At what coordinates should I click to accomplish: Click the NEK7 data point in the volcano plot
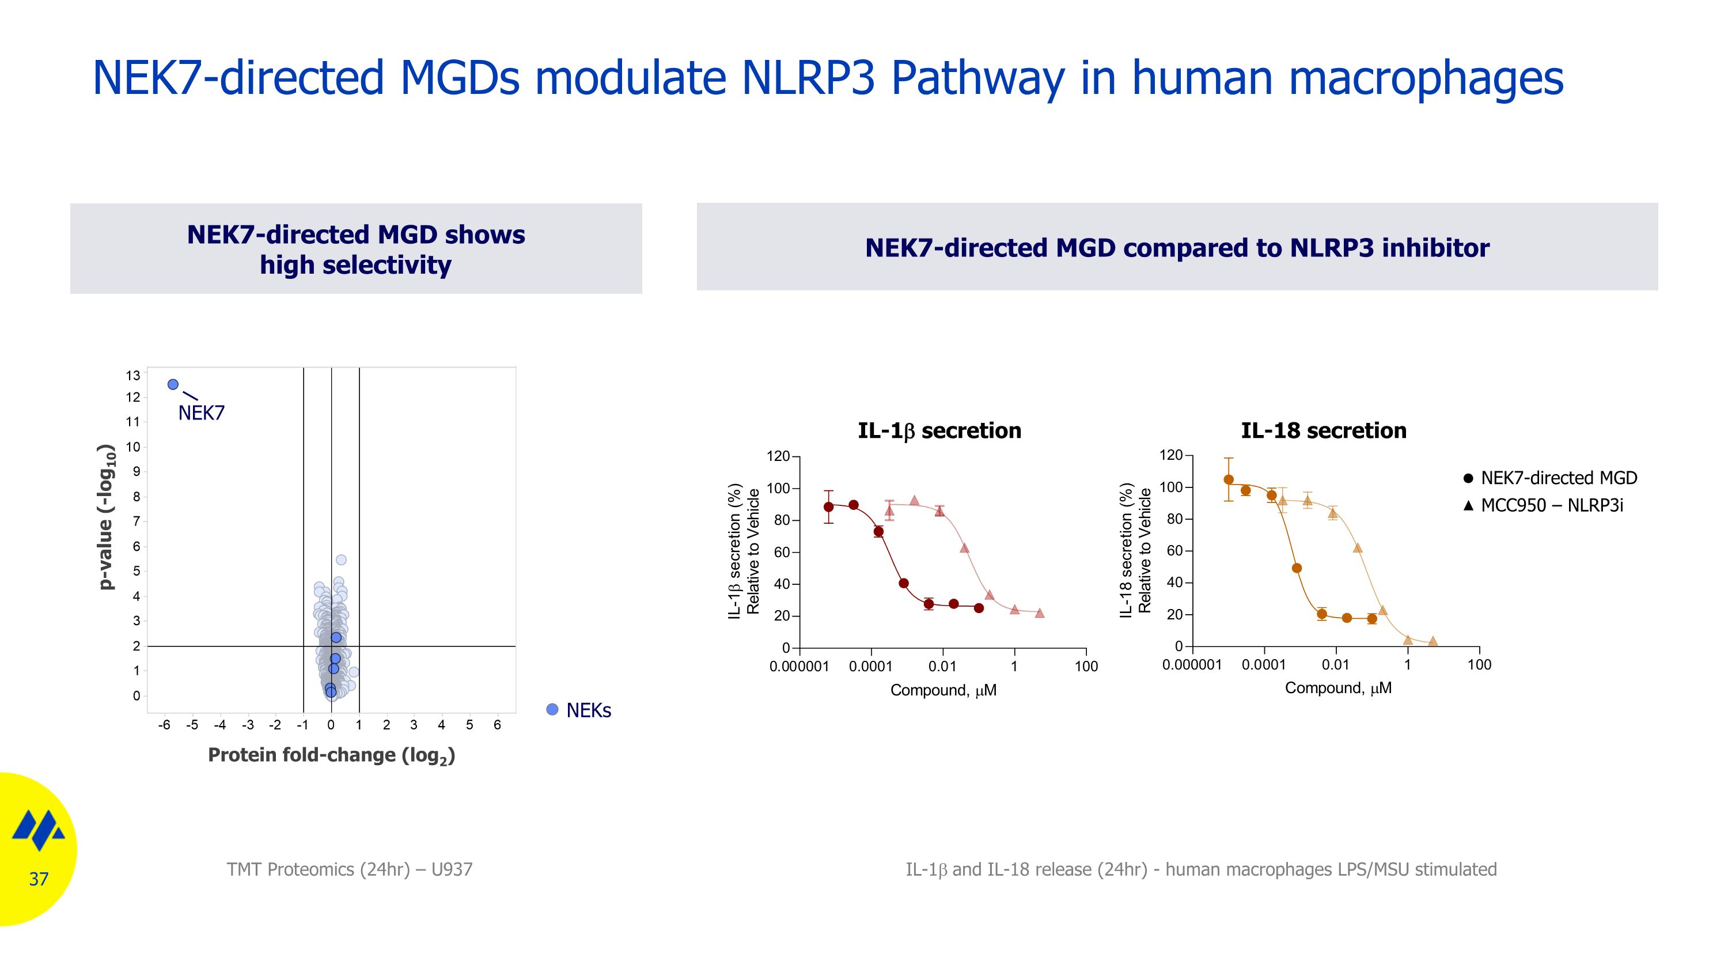[173, 384]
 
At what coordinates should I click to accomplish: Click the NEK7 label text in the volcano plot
[201, 413]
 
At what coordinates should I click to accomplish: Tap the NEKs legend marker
[552, 710]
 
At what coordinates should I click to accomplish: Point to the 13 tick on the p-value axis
[133, 375]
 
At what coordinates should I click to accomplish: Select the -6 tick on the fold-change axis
[164, 725]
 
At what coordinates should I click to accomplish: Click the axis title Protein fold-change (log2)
[331, 755]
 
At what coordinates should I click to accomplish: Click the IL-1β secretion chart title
[939, 430]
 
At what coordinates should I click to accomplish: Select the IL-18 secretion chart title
[1324, 430]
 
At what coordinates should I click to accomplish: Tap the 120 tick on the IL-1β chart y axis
[778, 457]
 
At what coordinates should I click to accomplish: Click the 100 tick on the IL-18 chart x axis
[1479, 665]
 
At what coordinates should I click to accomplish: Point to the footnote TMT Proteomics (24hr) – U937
[350, 869]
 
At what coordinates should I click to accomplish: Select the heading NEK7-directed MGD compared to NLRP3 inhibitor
[1177, 248]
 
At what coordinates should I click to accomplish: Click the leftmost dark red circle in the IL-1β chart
[828, 506]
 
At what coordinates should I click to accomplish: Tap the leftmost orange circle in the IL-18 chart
[1228, 479]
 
